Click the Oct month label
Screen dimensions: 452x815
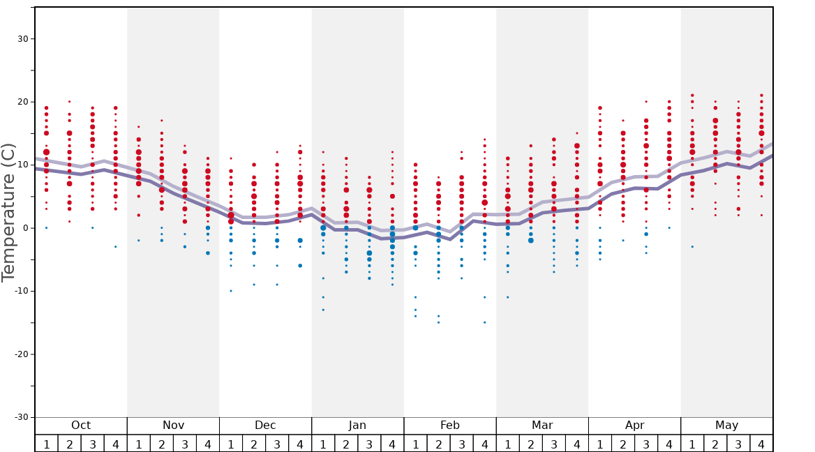point(81,425)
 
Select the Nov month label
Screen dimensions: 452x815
point(173,425)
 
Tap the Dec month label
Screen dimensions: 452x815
point(265,425)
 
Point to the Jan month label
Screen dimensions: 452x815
point(357,425)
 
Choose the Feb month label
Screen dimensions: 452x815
point(450,425)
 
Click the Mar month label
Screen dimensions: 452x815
point(542,425)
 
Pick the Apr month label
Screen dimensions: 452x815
point(634,425)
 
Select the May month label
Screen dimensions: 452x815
point(726,425)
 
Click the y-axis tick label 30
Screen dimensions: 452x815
point(23,39)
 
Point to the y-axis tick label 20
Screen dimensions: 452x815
point(23,102)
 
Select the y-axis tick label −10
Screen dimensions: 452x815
point(21,291)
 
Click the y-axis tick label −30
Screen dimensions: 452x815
point(21,417)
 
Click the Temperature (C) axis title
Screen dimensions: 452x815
point(8,213)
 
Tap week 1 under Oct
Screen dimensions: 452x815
point(46,444)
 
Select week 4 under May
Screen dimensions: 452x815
point(761,444)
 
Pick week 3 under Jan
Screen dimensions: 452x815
point(369,444)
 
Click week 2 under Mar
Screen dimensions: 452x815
point(530,444)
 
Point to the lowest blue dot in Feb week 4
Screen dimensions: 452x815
point(484,322)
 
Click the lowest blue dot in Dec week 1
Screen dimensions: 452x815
point(231,291)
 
